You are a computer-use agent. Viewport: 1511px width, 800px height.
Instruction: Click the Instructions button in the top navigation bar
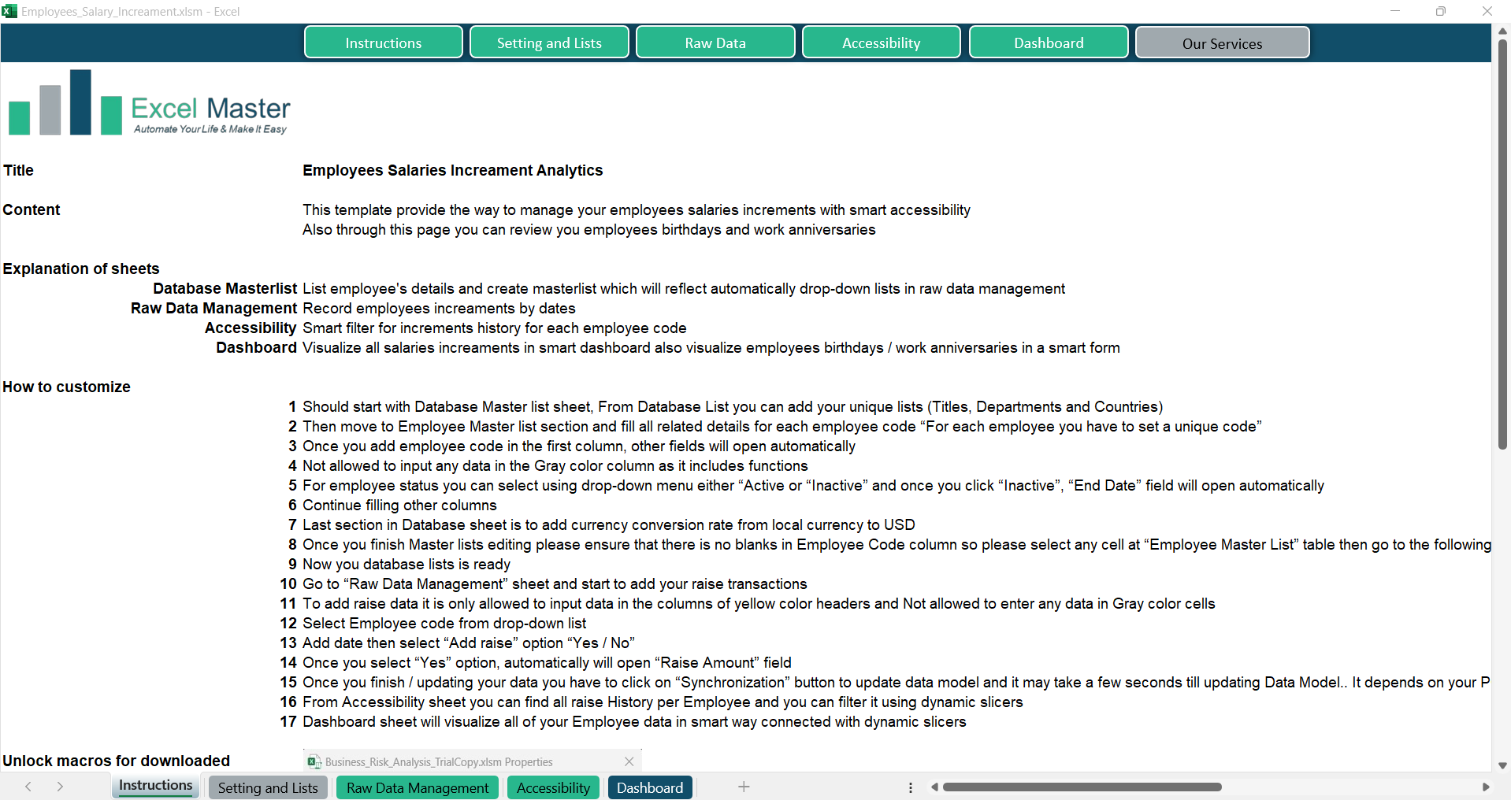coord(384,43)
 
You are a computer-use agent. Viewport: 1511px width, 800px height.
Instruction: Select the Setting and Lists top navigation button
coord(549,43)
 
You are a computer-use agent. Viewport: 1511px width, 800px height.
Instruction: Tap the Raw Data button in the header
coord(715,43)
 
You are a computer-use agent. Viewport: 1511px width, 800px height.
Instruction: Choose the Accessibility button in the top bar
coord(881,43)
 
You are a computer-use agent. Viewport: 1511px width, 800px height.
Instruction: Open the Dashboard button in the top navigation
coord(1049,43)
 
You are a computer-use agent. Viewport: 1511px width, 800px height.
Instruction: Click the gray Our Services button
coord(1222,43)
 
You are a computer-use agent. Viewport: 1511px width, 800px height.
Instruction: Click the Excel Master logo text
coord(210,109)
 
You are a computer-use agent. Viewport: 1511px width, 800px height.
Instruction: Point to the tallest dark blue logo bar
coord(80,102)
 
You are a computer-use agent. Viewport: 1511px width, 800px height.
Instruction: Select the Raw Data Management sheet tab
coord(418,787)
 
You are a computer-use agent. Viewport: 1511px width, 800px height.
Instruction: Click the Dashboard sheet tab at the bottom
coord(650,787)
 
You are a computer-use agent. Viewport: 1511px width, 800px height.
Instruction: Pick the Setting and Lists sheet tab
coord(268,787)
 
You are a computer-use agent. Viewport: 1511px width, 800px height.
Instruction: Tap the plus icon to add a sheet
coord(744,787)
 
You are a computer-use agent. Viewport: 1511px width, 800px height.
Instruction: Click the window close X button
coord(1487,11)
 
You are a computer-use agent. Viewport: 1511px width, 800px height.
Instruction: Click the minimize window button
coord(1395,11)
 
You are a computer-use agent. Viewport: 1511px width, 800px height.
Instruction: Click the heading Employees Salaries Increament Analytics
coord(452,170)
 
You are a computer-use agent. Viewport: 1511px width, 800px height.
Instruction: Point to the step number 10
coord(288,583)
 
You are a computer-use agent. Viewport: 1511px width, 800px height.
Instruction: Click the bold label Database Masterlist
coord(225,288)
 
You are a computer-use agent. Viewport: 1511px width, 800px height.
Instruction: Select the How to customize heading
coord(66,387)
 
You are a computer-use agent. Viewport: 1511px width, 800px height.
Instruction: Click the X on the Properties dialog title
coord(629,761)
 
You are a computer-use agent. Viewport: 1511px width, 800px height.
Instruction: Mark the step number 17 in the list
coord(288,721)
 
